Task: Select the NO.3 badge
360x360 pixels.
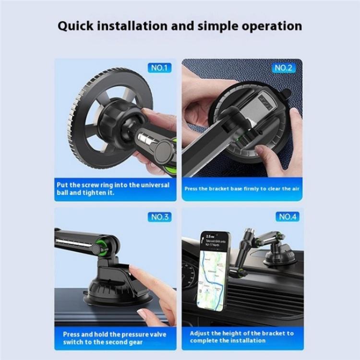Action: coord(160,217)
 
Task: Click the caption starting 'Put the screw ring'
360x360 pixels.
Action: coord(116,189)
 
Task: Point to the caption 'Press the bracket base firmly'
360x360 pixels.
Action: coord(242,189)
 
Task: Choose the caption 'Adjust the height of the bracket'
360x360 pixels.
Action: coord(241,336)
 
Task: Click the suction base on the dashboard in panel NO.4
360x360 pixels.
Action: coord(277,257)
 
